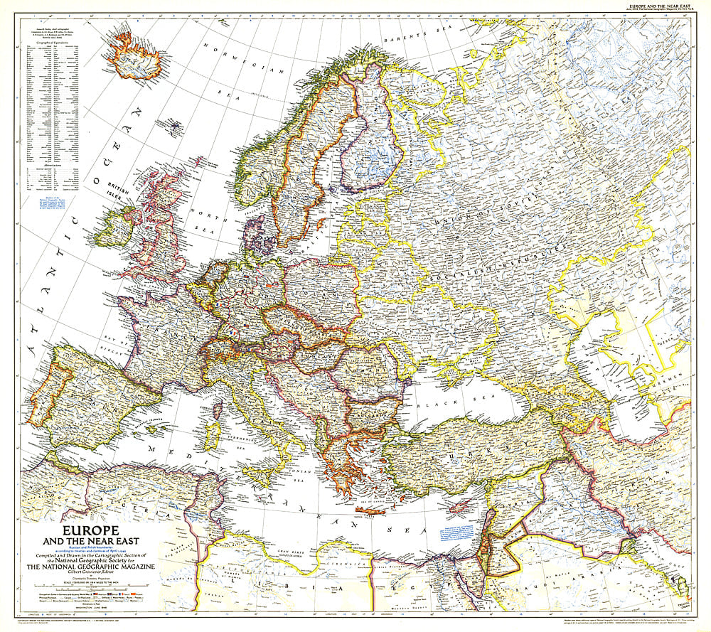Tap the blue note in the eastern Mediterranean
[461, 534]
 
